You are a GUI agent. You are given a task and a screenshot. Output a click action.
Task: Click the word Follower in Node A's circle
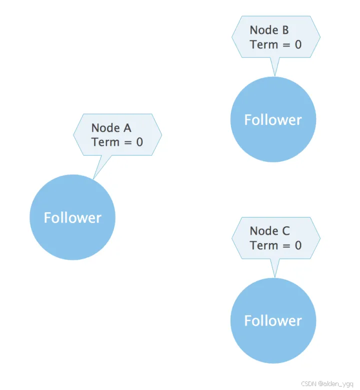click(x=72, y=218)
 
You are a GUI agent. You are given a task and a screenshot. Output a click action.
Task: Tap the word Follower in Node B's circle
click(x=273, y=120)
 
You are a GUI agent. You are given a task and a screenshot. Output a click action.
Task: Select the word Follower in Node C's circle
click(x=273, y=321)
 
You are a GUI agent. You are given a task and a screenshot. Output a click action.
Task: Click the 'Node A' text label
click(x=111, y=128)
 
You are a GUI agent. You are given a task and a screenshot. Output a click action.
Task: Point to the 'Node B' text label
click(x=269, y=30)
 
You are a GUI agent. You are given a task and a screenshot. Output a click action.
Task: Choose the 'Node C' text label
click(x=269, y=231)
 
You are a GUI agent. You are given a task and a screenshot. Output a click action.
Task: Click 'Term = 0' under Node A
click(x=117, y=142)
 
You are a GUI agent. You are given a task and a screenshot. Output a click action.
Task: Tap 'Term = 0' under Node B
click(x=275, y=44)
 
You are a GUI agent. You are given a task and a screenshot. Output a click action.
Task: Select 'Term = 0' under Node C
click(x=275, y=245)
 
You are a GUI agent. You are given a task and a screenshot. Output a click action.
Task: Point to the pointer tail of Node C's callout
click(x=274, y=268)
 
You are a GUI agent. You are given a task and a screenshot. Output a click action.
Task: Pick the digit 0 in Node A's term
click(x=139, y=142)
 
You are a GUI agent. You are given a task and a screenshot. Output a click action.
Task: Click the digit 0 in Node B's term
click(x=298, y=44)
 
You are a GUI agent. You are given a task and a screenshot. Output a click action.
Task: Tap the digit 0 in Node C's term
click(x=298, y=245)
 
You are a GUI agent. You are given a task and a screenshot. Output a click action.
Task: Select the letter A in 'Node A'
click(x=126, y=128)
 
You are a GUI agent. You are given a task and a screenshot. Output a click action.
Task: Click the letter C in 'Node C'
click(x=285, y=231)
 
